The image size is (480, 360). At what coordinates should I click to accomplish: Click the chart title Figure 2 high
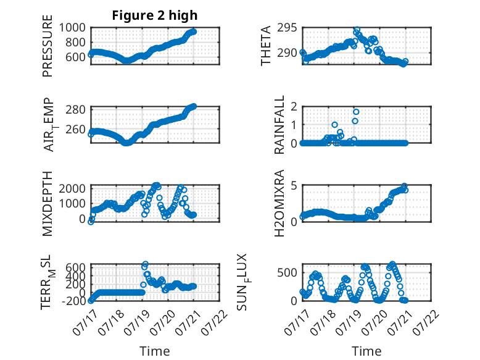[155, 15]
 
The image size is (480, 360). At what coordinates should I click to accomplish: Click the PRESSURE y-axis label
[48, 46]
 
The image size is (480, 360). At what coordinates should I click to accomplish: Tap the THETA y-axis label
[266, 46]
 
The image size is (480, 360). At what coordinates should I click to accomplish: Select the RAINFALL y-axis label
[279, 125]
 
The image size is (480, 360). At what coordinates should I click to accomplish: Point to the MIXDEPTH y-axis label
[48, 203]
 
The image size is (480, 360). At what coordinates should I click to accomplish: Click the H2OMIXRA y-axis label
[279, 203]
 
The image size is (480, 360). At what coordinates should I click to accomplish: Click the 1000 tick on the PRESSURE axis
[72, 28]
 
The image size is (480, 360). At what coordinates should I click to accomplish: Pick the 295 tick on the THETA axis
[287, 28]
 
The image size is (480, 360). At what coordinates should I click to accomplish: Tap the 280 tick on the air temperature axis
[75, 109]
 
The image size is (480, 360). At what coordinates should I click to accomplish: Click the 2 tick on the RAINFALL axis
[294, 106]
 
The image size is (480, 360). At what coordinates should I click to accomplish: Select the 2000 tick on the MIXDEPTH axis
[72, 188]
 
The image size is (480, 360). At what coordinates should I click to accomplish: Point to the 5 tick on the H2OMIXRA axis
[294, 185]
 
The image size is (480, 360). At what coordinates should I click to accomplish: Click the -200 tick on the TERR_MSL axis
[74, 301]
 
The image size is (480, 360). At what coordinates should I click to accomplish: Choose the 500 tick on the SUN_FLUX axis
[287, 272]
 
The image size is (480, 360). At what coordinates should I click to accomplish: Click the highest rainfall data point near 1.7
[356, 112]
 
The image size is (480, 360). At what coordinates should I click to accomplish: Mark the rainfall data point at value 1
[334, 125]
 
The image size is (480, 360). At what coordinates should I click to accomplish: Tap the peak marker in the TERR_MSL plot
[146, 264]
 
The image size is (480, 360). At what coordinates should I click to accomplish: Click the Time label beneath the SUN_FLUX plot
[366, 351]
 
